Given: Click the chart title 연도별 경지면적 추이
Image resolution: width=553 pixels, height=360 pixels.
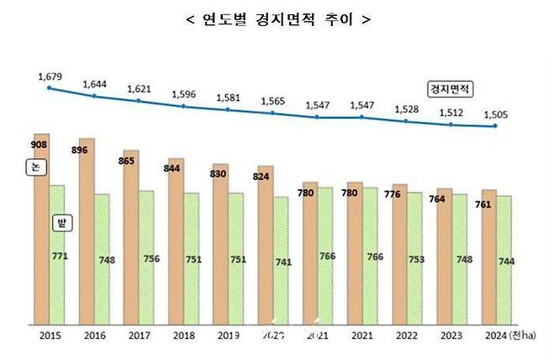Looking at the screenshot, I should [x=276, y=19].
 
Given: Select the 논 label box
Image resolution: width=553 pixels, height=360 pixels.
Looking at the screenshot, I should [x=33, y=167].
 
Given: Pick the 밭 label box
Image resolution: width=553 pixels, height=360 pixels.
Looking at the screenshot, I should [x=61, y=223].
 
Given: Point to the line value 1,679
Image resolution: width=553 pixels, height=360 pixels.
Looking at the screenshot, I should [x=50, y=77].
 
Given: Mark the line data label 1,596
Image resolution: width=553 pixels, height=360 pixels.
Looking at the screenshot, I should [x=183, y=94].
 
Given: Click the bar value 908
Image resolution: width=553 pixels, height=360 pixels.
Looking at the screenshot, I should [x=39, y=145].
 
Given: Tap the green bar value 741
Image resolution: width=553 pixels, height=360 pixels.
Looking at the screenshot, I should [x=283, y=262].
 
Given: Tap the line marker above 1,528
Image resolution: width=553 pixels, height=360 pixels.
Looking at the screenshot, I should [x=407, y=121].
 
